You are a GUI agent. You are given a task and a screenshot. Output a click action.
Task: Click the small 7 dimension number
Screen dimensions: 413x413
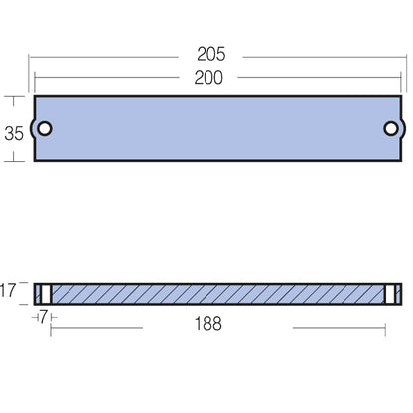tap(44, 316)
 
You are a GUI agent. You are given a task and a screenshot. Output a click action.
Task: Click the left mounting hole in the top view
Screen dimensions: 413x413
tap(44, 129)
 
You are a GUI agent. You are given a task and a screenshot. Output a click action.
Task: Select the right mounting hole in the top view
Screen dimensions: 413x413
tap(392, 129)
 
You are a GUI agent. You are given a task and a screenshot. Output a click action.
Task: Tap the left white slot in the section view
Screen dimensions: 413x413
tap(44, 294)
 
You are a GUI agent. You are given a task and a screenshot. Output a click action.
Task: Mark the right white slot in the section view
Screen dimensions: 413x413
tap(392, 294)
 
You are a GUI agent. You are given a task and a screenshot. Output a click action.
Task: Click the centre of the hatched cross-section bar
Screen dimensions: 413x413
tap(217, 294)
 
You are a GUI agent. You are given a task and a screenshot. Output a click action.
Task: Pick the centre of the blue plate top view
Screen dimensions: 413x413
tap(217, 129)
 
